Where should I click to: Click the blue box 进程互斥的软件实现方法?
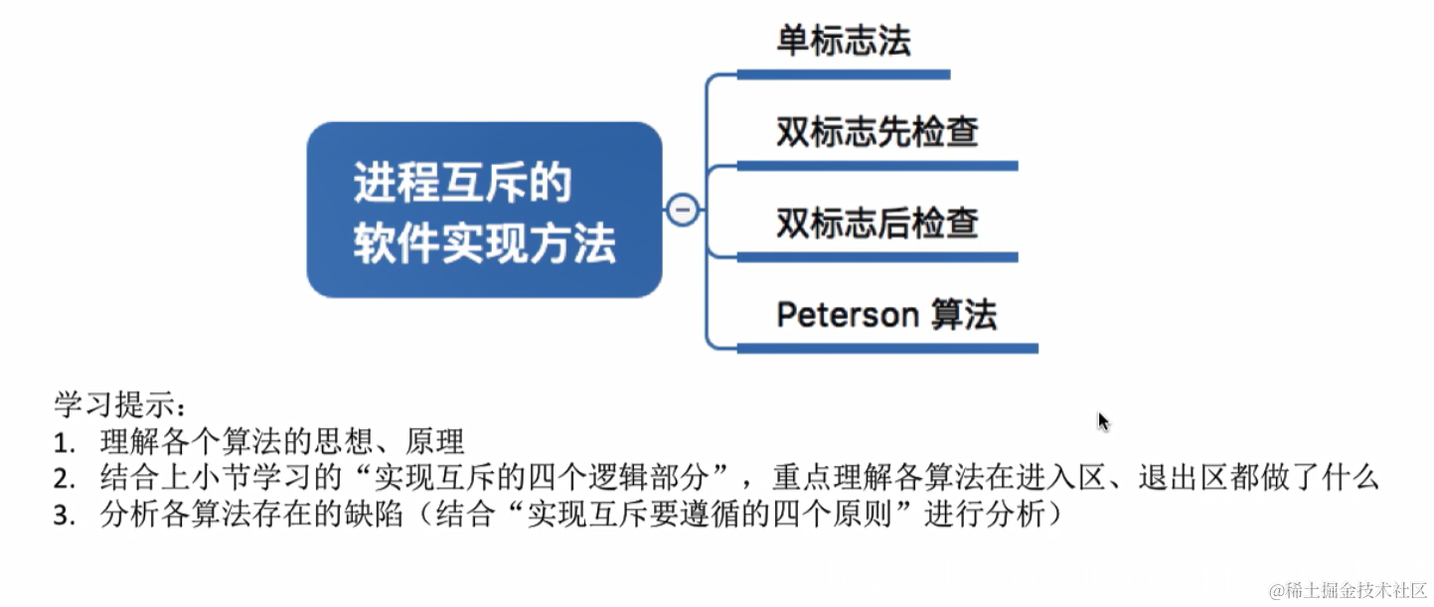[x=484, y=211]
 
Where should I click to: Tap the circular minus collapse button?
[x=683, y=210]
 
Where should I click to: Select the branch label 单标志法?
[x=843, y=42]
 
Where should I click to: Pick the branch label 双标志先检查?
[x=877, y=132]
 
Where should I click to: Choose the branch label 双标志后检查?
[x=877, y=223]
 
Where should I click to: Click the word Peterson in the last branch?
[x=847, y=315]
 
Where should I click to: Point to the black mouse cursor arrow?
[x=1103, y=422]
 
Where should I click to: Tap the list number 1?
[x=65, y=442]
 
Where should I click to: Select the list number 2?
[x=65, y=479]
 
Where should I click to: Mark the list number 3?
[x=65, y=516]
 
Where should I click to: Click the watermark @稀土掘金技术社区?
[x=1348, y=589]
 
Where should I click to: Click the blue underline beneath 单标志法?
[x=843, y=74]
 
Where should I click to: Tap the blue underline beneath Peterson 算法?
[x=886, y=349]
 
